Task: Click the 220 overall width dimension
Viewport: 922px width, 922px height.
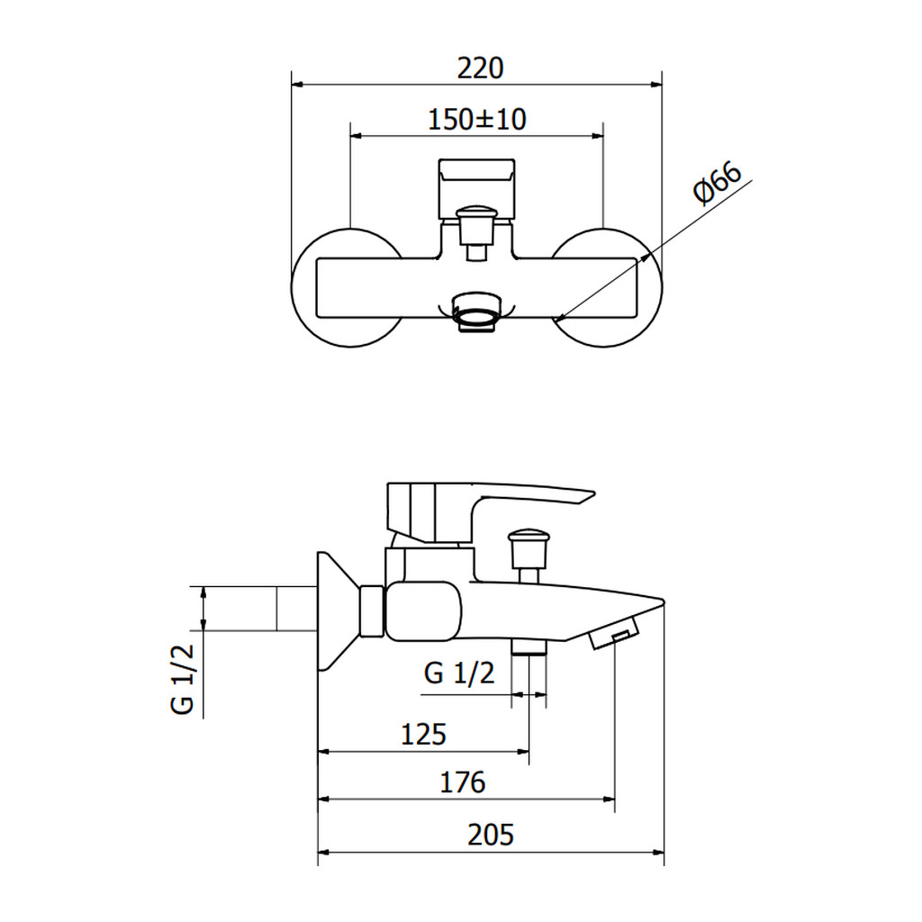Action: [481, 68]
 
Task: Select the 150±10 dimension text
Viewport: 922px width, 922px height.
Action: [477, 120]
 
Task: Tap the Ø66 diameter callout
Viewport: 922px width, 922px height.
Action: [718, 183]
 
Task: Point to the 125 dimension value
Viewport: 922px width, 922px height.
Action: [423, 735]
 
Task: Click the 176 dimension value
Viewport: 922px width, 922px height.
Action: [463, 782]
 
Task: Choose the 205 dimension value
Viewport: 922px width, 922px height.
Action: [491, 835]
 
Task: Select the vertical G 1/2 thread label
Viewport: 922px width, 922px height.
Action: [182, 679]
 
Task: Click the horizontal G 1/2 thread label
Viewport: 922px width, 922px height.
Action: [459, 673]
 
